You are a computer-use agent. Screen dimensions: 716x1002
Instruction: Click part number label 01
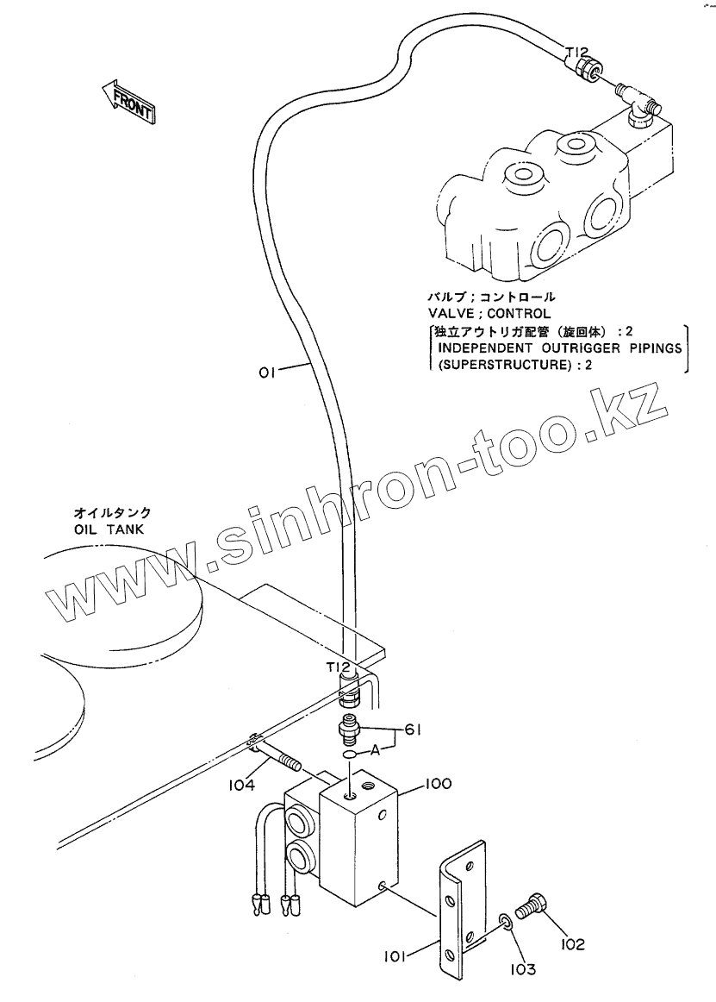[267, 373]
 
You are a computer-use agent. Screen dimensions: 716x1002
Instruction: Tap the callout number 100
[438, 784]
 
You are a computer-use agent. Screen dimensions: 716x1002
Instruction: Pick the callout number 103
[520, 968]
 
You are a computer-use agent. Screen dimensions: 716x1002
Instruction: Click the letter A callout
[377, 751]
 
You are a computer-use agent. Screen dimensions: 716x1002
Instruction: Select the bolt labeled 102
[532, 906]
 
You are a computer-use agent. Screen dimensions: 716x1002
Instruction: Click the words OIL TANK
[109, 529]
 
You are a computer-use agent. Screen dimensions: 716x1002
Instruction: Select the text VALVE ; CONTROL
[489, 312]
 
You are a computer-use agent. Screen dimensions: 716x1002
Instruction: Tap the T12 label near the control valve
[576, 52]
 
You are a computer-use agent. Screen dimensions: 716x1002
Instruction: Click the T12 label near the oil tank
[337, 667]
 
